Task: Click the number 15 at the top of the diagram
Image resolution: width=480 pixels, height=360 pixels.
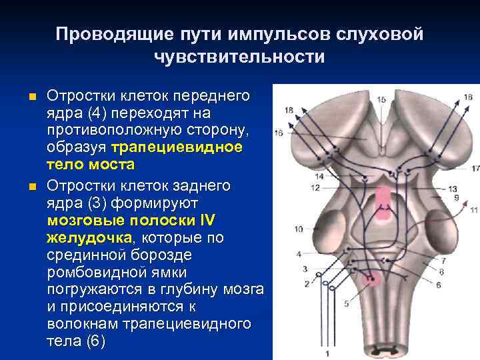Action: (x=381, y=99)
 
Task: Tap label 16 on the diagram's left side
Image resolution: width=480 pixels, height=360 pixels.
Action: (x=278, y=133)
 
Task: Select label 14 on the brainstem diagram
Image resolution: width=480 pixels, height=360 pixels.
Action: (x=319, y=177)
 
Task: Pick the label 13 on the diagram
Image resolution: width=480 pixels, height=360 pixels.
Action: (x=453, y=189)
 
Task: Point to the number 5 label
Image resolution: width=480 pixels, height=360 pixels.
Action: (x=346, y=304)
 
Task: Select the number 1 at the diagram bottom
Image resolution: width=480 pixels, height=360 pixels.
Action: (x=327, y=353)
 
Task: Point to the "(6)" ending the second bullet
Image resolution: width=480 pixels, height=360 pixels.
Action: (x=96, y=341)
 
